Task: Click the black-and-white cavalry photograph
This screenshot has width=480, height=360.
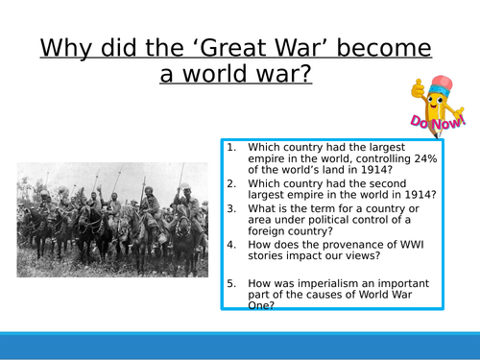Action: point(111,220)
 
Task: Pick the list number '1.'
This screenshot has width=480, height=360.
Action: point(232,147)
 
